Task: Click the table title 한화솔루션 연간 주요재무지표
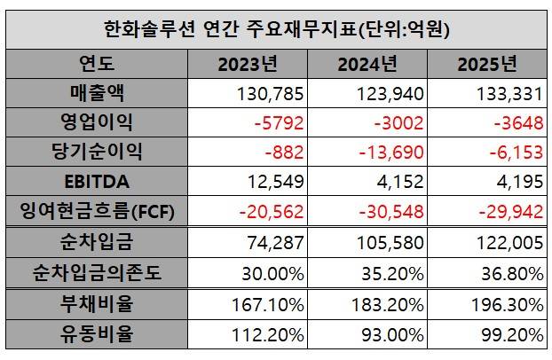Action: pyautogui.click(x=276, y=29)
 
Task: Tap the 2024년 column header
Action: pyautogui.click(x=367, y=64)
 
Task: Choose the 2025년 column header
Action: pyautogui.click(x=486, y=64)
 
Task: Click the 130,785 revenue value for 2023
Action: pyautogui.click(x=272, y=92)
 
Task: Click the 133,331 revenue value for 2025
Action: pyautogui.click(x=509, y=92)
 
